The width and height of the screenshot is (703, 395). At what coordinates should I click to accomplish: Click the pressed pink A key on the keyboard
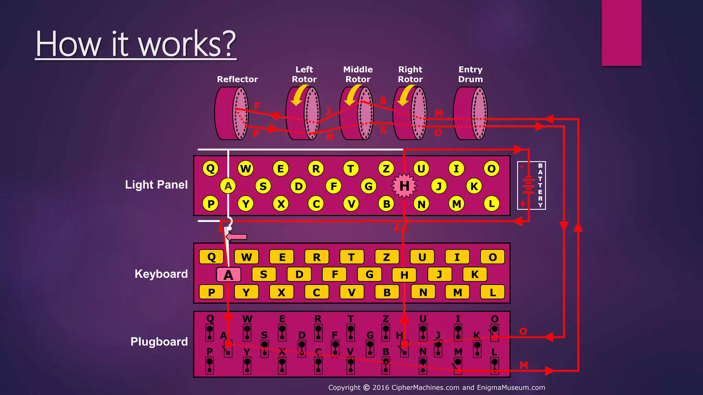(228, 275)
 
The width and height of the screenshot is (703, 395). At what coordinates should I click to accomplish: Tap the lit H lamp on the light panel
(404, 186)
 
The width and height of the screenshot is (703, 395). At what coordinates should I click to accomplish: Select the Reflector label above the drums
(237, 79)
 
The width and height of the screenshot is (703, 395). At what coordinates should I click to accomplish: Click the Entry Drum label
(470, 74)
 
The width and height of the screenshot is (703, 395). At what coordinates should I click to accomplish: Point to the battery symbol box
(531, 185)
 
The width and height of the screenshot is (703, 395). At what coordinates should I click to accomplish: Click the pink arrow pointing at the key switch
(237, 237)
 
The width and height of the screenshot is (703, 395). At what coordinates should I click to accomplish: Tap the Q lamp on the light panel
(210, 168)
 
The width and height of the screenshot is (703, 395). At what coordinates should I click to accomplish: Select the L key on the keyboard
(492, 292)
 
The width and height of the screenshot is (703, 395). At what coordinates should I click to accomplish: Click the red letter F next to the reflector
(257, 106)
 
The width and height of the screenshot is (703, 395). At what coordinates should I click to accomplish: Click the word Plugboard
(159, 342)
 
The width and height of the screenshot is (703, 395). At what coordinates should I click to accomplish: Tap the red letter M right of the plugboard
(523, 365)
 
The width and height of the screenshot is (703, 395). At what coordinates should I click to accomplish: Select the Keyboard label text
(161, 274)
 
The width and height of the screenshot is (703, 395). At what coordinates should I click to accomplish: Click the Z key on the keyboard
(387, 257)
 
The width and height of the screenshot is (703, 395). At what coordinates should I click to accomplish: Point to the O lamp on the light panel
(492, 168)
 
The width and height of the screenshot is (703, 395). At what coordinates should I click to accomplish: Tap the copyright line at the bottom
(436, 387)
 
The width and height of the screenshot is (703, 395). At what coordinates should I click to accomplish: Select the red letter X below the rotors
(383, 130)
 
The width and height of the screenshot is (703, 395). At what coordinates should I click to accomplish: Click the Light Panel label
(156, 185)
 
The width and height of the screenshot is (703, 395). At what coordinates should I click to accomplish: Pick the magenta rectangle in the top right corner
(621, 33)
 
